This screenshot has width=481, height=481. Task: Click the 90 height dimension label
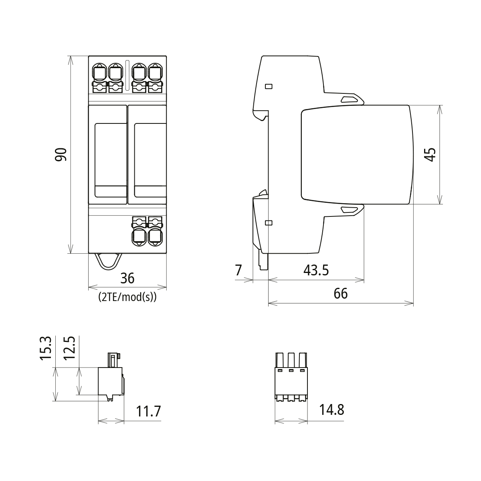pos(61,155)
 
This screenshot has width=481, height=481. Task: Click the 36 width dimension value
pos(127,278)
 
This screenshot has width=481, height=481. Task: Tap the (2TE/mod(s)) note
pos(127,297)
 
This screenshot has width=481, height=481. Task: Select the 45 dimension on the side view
pos(430,155)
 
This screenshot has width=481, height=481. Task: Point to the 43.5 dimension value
pos(316,271)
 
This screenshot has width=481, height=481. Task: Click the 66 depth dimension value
pos(341,294)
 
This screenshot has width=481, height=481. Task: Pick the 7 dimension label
pos(238,271)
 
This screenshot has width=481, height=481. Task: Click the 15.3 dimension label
pos(46,348)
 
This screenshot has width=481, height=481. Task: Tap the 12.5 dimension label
pos(69,348)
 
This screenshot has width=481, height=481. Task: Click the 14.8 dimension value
pos(331,410)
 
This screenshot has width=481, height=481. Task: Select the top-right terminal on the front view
pos(155,73)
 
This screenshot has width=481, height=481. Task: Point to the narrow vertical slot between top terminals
pos(127,75)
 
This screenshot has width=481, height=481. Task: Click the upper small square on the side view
pos(269,86)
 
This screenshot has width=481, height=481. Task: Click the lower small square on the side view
pos(269,223)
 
